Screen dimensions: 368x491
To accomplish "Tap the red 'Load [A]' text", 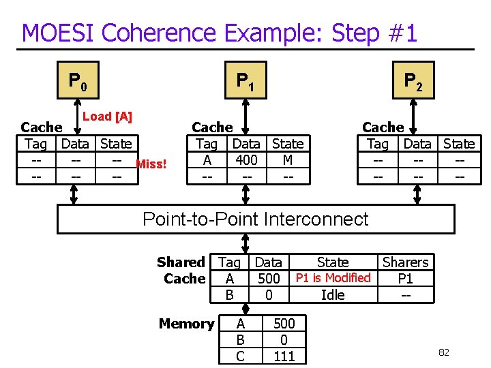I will [107, 117].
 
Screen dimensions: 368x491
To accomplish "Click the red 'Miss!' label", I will [151, 164].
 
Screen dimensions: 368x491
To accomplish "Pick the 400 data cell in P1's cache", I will [246, 160].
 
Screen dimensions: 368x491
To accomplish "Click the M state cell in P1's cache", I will [287, 160].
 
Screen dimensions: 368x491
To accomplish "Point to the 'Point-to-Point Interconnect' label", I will [255, 219].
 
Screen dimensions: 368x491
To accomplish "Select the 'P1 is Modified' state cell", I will [333, 278].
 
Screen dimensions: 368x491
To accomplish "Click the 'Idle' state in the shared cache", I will [333, 294].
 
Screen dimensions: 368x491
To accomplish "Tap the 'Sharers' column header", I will [405, 262].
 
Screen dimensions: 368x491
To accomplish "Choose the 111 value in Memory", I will [284, 356].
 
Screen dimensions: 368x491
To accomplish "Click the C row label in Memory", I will [240, 356].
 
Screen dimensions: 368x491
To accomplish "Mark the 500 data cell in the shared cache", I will [269, 279].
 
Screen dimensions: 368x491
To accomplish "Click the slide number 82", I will [444, 352].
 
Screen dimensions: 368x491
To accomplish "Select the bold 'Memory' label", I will [186, 324].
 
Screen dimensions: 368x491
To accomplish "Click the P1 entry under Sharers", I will [405, 279].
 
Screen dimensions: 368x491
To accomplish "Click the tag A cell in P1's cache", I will [207, 160].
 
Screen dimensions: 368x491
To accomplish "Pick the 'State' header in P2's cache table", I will [459, 144].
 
